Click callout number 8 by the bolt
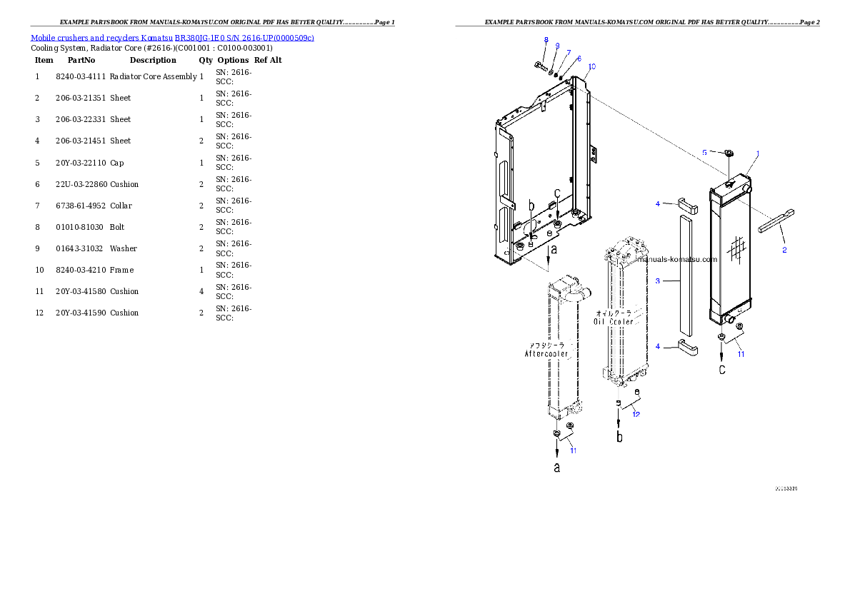[x=546, y=40]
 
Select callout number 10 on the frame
[x=591, y=66]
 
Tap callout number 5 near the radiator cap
[x=704, y=152]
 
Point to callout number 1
[x=757, y=153]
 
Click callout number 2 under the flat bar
[x=784, y=250]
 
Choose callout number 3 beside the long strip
[x=657, y=281]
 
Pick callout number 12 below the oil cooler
[x=635, y=414]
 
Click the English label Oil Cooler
[x=613, y=322]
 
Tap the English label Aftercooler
[x=546, y=353]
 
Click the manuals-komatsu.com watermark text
[x=676, y=259]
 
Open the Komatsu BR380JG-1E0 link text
[x=172, y=37]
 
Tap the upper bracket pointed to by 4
[x=688, y=206]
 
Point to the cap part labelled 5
[x=729, y=152]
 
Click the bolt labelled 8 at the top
[x=541, y=66]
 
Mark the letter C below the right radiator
[x=722, y=370]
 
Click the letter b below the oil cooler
[x=619, y=435]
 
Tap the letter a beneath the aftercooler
[x=557, y=468]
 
